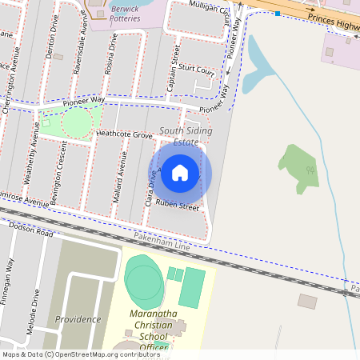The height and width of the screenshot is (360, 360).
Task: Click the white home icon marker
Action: pos(180,172)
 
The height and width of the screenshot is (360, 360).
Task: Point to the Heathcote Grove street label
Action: pos(124,136)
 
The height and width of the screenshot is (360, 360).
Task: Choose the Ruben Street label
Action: pos(178,206)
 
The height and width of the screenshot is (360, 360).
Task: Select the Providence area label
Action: pos(78,319)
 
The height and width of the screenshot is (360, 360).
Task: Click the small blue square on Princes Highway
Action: pos(277,14)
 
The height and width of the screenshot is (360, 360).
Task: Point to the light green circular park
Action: pos(77,122)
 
